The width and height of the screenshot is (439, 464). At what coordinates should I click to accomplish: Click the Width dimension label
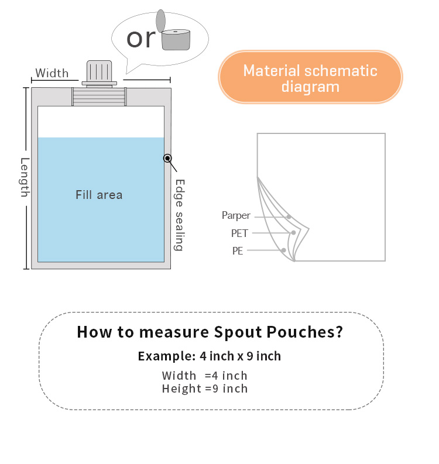click(52, 73)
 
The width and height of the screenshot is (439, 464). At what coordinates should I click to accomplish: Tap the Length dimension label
click(25, 177)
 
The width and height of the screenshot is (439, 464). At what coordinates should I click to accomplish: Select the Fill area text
click(99, 195)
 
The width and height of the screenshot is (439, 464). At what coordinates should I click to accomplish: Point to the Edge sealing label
click(179, 215)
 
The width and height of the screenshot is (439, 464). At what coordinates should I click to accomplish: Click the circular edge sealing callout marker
click(167, 159)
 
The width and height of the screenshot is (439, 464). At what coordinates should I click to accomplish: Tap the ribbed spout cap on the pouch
click(100, 73)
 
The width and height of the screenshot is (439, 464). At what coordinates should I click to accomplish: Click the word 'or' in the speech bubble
click(141, 39)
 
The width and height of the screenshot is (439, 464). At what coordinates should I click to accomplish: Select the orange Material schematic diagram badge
click(310, 77)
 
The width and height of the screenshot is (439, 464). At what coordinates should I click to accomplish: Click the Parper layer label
click(236, 215)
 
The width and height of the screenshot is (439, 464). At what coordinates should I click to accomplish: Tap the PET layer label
click(239, 233)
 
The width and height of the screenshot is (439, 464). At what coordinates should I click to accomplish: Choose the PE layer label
click(238, 251)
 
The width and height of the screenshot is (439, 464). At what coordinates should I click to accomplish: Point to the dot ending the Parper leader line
click(289, 217)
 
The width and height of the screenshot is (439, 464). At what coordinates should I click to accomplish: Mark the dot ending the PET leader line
click(293, 233)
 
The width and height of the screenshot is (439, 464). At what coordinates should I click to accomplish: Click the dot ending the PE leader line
click(283, 250)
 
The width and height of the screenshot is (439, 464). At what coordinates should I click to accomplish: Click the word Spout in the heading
click(238, 332)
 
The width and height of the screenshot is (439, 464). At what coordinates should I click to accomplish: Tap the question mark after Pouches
click(339, 332)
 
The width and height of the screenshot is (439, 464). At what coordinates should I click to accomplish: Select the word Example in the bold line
click(167, 356)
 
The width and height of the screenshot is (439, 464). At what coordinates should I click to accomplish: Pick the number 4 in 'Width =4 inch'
click(215, 376)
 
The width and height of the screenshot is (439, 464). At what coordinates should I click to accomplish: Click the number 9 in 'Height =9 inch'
click(215, 389)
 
